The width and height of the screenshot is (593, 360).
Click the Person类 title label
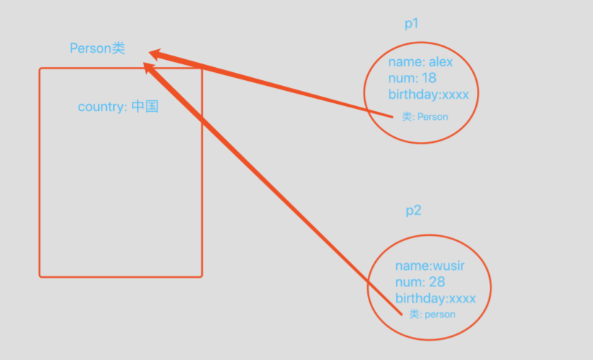point(97,48)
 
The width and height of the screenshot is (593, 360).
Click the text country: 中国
point(118,107)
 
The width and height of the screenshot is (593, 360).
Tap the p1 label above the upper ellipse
point(412,24)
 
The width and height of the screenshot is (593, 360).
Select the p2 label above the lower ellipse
point(413,211)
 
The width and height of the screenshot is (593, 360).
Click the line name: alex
point(421,62)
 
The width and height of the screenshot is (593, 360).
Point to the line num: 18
point(412,78)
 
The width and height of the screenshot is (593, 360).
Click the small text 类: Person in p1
point(425,116)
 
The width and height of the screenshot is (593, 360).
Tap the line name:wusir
point(430,266)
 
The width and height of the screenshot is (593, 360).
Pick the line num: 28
point(420,282)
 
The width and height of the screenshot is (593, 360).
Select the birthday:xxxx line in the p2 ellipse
point(436,299)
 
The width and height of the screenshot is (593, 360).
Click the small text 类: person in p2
point(432,315)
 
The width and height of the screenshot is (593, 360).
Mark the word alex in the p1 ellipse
point(440,62)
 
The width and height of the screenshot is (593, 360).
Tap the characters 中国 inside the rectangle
point(145,107)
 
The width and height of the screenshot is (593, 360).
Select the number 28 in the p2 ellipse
point(436,282)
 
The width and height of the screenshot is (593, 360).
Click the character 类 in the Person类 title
point(119,48)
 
